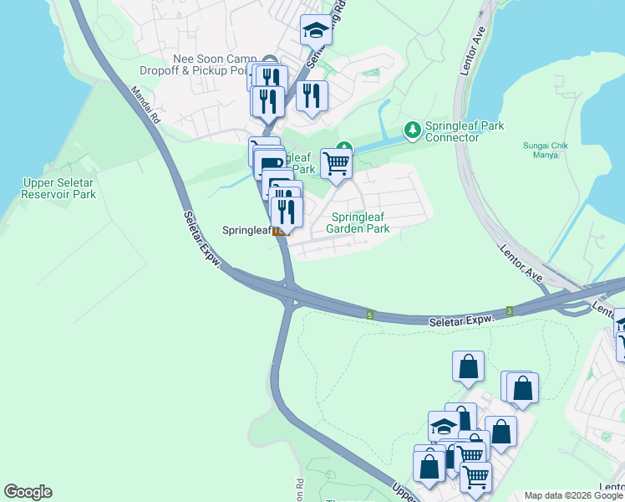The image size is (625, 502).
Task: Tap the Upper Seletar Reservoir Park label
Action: coord(59,188)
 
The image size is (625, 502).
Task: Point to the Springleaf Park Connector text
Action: coord(465,131)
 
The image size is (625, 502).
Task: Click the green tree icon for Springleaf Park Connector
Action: coord(412,130)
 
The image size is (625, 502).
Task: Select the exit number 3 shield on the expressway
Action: coord(508,311)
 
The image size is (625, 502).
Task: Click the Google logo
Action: coord(28,492)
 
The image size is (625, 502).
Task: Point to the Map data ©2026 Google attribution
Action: coord(573,495)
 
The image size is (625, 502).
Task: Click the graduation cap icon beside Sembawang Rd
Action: coord(315,31)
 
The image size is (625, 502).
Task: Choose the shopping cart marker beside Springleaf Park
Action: coord(336,162)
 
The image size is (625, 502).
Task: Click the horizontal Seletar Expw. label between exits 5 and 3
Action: coord(460,320)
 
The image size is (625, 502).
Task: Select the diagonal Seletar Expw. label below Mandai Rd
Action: coord(202,239)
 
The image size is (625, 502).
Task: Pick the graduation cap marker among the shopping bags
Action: coord(443,427)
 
